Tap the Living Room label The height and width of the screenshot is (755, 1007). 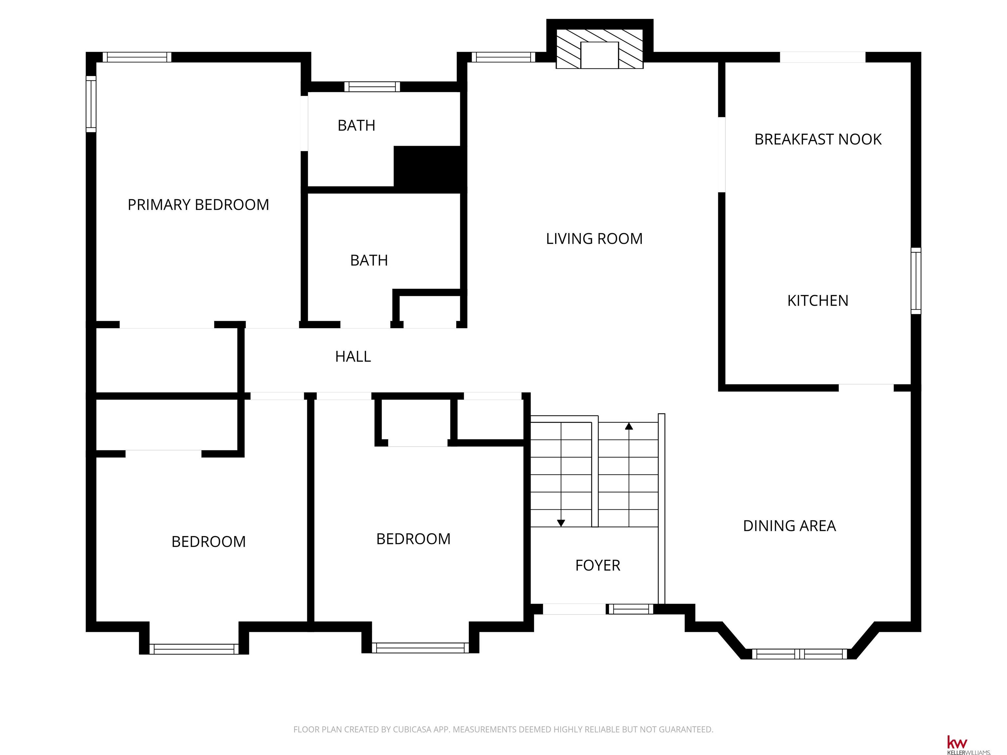point(594,239)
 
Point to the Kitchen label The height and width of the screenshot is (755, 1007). point(818,301)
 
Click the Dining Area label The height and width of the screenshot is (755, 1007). point(789,526)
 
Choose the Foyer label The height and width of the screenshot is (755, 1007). point(597,565)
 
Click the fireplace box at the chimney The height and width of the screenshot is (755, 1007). point(600,55)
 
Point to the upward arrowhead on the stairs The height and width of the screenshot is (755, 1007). point(629,426)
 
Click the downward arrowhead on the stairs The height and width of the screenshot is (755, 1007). point(561,523)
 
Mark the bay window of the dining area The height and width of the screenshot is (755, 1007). point(800,654)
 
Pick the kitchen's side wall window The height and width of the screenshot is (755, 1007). point(916,281)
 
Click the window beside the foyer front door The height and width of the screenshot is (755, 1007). point(630,609)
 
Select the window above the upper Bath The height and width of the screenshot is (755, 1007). point(372,87)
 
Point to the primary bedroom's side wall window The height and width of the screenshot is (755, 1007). point(91,104)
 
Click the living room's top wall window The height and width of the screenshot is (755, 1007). point(503,57)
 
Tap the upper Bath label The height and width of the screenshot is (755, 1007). point(356,126)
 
